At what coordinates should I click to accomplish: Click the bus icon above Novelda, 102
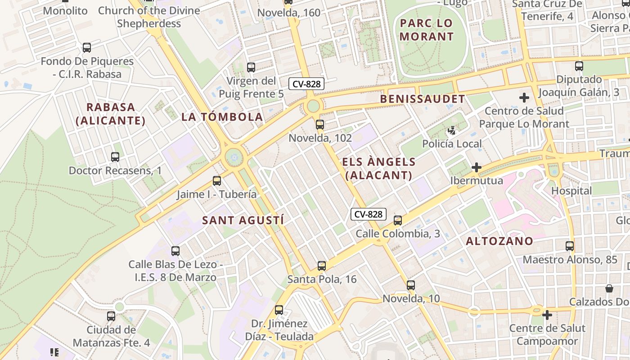tap(320, 125)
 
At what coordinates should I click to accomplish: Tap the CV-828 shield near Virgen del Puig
tap(306, 84)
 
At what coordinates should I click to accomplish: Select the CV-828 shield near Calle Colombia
tap(368, 215)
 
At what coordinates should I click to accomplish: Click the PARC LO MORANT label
tap(426, 30)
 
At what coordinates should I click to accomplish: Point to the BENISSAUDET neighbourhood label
tap(422, 99)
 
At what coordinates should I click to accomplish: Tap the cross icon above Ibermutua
tap(476, 168)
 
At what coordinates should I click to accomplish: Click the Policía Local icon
tap(451, 131)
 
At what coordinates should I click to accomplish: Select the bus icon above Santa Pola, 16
tap(322, 266)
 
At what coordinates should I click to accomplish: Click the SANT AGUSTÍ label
tap(243, 220)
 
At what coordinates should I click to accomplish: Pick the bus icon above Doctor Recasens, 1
tap(115, 157)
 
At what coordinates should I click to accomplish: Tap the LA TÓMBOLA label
tap(222, 117)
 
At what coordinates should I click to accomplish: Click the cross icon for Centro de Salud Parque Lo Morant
tap(524, 97)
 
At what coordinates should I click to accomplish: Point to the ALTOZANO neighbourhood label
tap(499, 241)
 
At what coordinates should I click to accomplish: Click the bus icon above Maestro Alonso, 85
tap(570, 246)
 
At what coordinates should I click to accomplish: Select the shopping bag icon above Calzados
tap(609, 288)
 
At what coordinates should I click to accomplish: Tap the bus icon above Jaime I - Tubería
tap(217, 181)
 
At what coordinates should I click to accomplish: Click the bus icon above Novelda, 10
tap(411, 285)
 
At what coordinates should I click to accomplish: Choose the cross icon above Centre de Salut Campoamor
tap(547, 315)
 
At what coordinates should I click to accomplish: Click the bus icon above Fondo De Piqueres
tap(87, 48)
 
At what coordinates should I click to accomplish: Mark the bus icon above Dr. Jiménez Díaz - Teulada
tap(279, 310)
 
